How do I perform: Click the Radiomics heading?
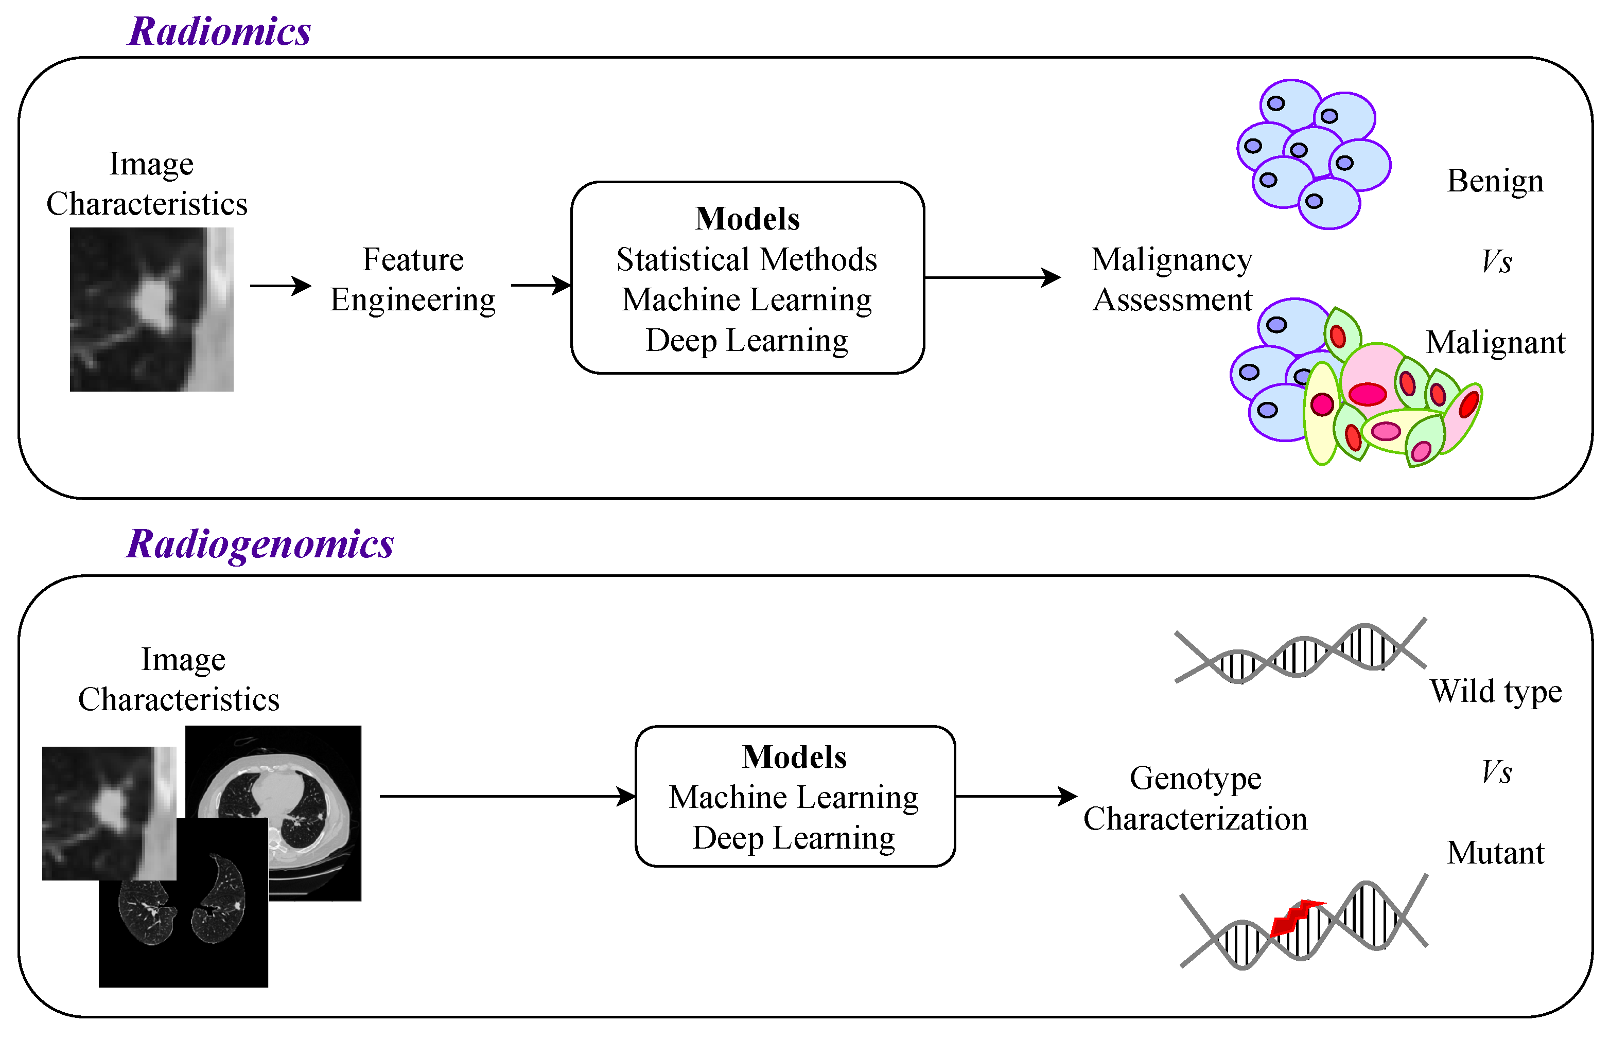click(x=219, y=32)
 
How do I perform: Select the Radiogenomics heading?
click(x=260, y=544)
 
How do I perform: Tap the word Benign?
click(x=1495, y=181)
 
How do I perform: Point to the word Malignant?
click(x=1495, y=343)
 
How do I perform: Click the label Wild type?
click(x=1495, y=692)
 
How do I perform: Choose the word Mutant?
click(x=1495, y=853)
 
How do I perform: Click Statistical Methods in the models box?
click(x=746, y=260)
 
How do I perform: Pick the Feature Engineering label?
click(x=413, y=279)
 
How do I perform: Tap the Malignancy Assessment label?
click(x=1172, y=279)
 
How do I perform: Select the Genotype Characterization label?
click(x=1195, y=798)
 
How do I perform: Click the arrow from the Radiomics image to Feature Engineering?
click(x=280, y=286)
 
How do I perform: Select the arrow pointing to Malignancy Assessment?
click(x=992, y=277)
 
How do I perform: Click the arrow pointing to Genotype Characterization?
click(x=1016, y=796)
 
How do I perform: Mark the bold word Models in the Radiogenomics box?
click(x=794, y=757)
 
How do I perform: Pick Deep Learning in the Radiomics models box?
click(x=746, y=341)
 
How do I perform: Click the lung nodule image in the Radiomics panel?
click(x=152, y=309)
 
